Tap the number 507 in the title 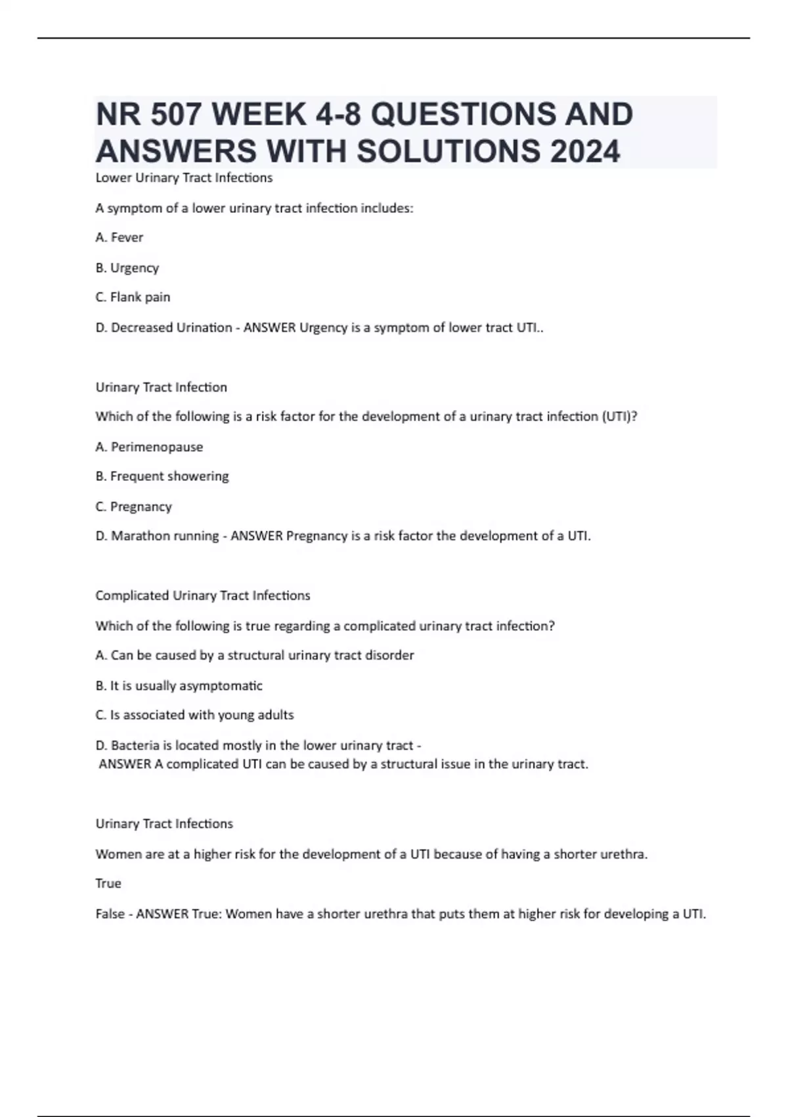pyautogui.click(x=177, y=114)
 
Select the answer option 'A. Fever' pyautogui.click(x=119, y=237)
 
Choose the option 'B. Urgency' pyautogui.click(x=127, y=267)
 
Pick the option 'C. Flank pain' pyautogui.click(x=133, y=297)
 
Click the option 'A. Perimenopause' pyautogui.click(x=149, y=447)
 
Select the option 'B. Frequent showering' pyautogui.click(x=162, y=476)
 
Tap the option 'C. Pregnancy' pyautogui.click(x=133, y=507)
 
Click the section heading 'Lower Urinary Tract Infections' pyautogui.click(x=184, y=177)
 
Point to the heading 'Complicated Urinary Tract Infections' pyautogui.click(x=202, y=595)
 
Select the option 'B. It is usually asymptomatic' pyautogui.click(x=179, y=685)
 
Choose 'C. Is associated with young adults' pyautogui.click(x=194, y=714)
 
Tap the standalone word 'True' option pyautogui.click(x=108, y=883)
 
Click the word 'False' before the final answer pyautogui.click(x=110, y=913)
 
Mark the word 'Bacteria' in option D pyautogui.click(x=135, y=745)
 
